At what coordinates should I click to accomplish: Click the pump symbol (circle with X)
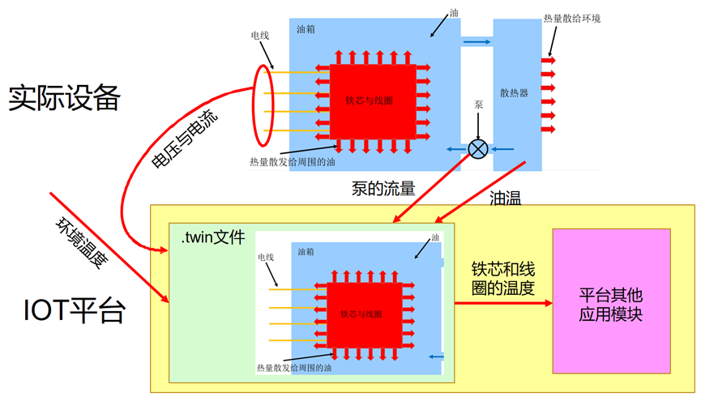tap(479, 148)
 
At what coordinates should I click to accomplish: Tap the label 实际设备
tap(65, 98)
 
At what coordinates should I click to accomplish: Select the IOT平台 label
tap(74, 310)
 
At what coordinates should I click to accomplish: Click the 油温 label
tap(506, 197)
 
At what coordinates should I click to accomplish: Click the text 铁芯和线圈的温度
tap(502, 278)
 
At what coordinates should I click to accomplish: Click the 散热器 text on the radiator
tap(515, 93)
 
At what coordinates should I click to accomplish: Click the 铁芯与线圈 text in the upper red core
tap(370, 101)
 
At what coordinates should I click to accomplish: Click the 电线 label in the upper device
tap(260, 36)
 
